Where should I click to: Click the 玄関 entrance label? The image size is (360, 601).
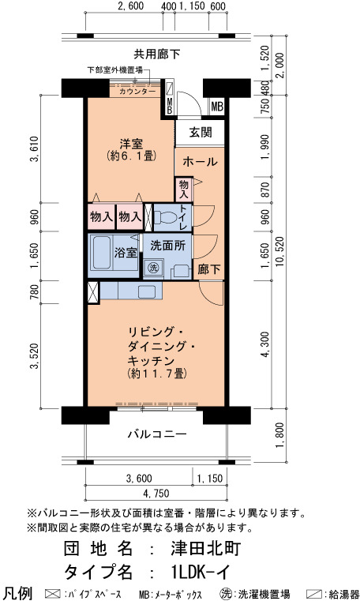pos(201,132)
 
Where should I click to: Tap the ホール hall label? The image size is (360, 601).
pos(200,162)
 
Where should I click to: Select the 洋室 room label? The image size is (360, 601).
pos(131,145)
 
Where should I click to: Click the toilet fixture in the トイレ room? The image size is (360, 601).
pos(165,217)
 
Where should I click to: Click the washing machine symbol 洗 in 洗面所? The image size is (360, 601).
pos(154,268)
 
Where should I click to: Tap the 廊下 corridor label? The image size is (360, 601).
pos(209,269)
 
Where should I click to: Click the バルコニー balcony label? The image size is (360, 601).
pos(157,434)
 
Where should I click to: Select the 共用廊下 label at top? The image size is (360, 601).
pos(157,54)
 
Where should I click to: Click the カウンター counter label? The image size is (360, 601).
pos(137,92)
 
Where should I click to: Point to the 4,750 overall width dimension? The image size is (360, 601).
pos(156,493)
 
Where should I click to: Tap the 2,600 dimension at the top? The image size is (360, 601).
pos(130,6)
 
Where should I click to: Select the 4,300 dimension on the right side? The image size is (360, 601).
pos(265,344)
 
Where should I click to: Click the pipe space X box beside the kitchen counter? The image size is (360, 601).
pos(93,293)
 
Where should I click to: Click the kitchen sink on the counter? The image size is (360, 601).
pos(147,291)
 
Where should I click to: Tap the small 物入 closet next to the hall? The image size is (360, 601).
pos(183,190)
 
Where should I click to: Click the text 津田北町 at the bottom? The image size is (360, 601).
pos(206,549)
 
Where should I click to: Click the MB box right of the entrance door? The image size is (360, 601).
pos(217,106)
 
